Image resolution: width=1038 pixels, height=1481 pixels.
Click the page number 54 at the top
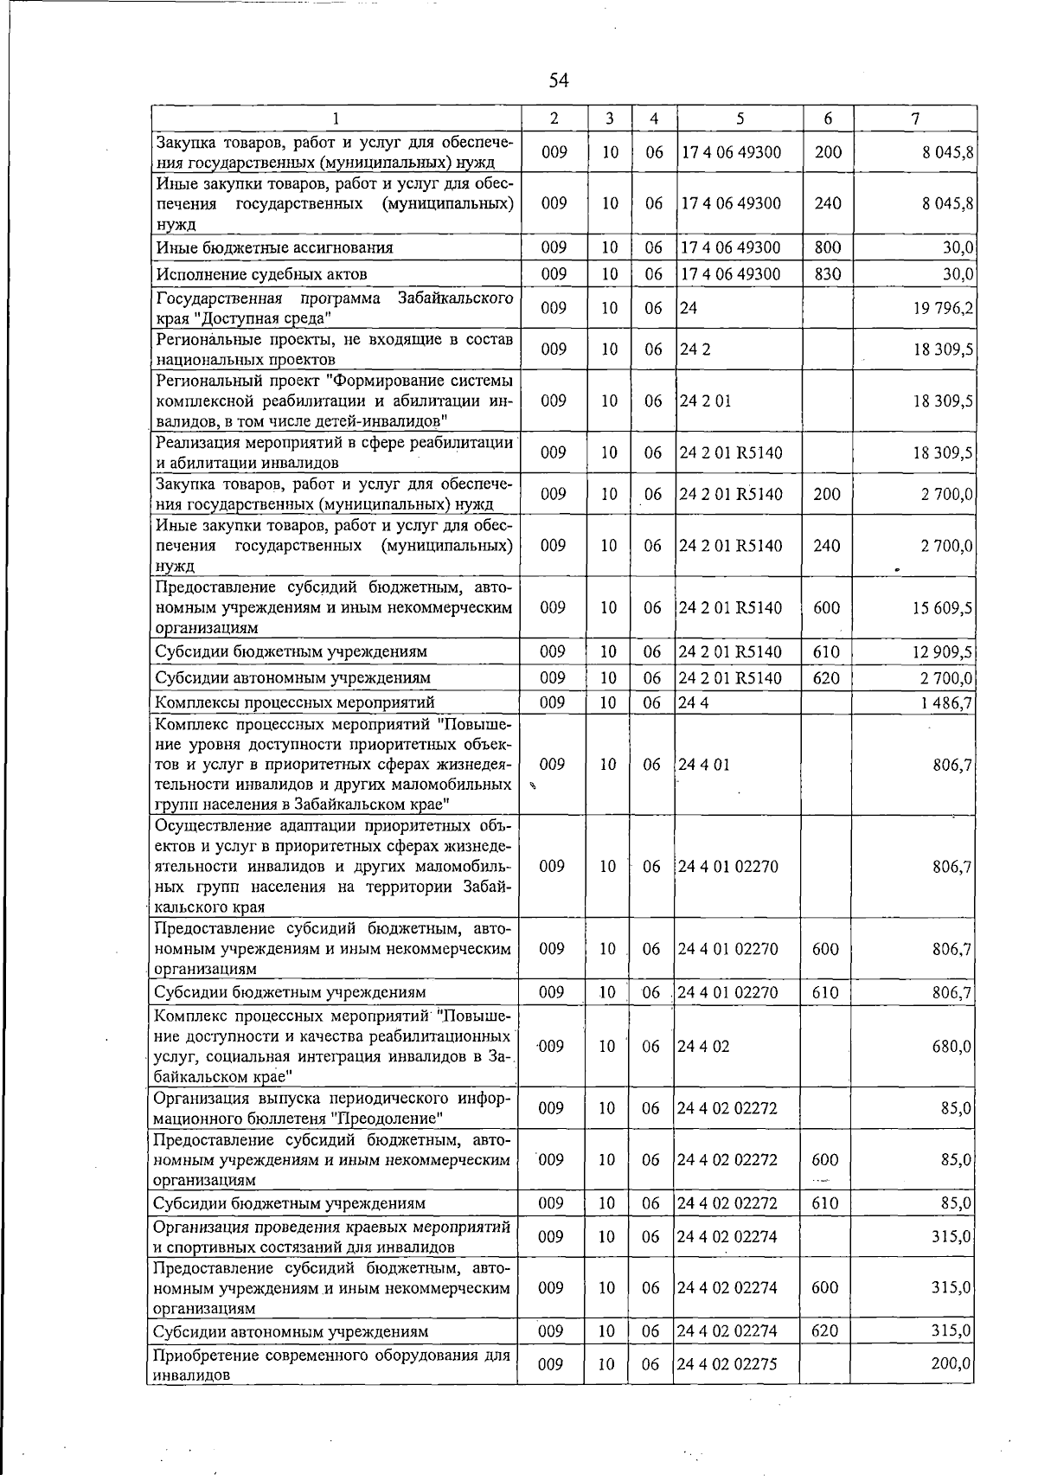tap(559, 80)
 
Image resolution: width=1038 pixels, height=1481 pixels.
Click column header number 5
tap(740, 119)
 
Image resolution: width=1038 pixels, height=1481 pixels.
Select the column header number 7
tap(914, 119)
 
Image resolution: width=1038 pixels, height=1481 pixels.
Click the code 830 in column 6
tap(828, 274)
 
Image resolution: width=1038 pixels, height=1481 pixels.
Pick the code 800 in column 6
tap(828, 247)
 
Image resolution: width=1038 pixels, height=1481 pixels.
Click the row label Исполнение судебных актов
tap(261, 274)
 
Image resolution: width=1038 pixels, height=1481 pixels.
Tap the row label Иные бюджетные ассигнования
tap(274, 247)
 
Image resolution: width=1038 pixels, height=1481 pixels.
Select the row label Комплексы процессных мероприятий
tap(294, 702)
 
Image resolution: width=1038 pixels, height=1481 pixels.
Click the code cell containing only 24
tap(689, 309)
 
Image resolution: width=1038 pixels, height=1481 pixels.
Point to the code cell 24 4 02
tap(703, 1046)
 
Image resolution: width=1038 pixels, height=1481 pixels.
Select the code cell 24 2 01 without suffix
tap(705, 401)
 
